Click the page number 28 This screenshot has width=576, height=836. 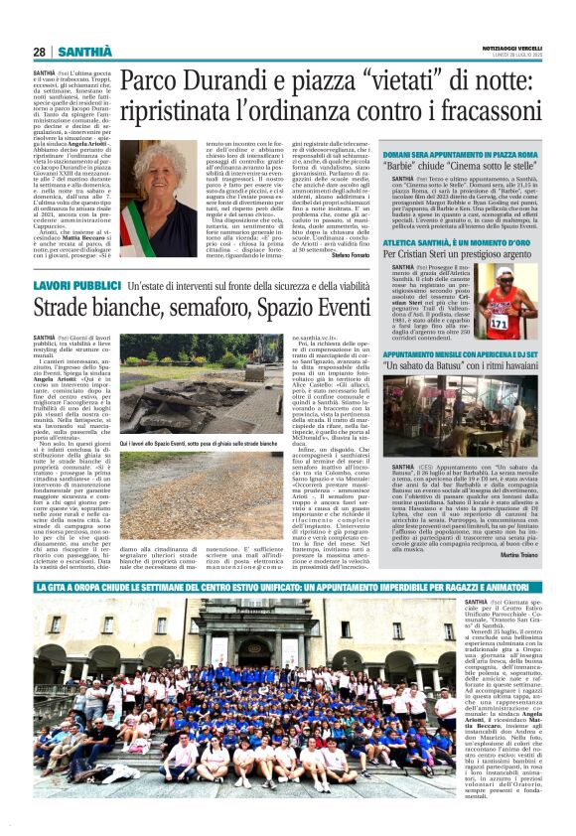39,52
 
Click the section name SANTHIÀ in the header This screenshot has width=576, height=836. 84,52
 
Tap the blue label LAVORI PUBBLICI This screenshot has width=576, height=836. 76,286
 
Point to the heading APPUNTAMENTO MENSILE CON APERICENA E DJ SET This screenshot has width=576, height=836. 462,353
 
